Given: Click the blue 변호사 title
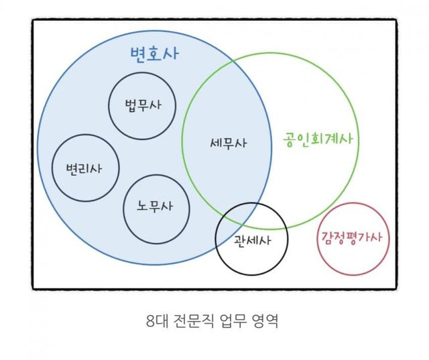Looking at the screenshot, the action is click(154, 54).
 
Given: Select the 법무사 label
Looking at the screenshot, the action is click(143, 105).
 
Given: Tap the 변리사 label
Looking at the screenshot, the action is click(84, 168).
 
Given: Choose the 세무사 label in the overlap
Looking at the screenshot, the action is click(228, 143).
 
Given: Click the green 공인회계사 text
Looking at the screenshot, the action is click(318, 139).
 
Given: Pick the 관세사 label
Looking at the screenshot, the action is click(252, 241).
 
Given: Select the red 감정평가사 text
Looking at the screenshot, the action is click(351, 237).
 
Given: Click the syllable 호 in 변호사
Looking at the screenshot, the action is click(154, 54).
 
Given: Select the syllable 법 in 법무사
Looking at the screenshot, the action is click(131, 105).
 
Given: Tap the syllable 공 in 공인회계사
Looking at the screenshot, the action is click(289, 140).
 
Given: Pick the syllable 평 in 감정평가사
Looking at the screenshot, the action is click(351, 237).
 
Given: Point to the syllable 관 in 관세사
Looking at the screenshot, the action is click(240, 241).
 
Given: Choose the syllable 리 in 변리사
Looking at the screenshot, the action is click(84, 168).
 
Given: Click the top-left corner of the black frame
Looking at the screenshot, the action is click(33, 20).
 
